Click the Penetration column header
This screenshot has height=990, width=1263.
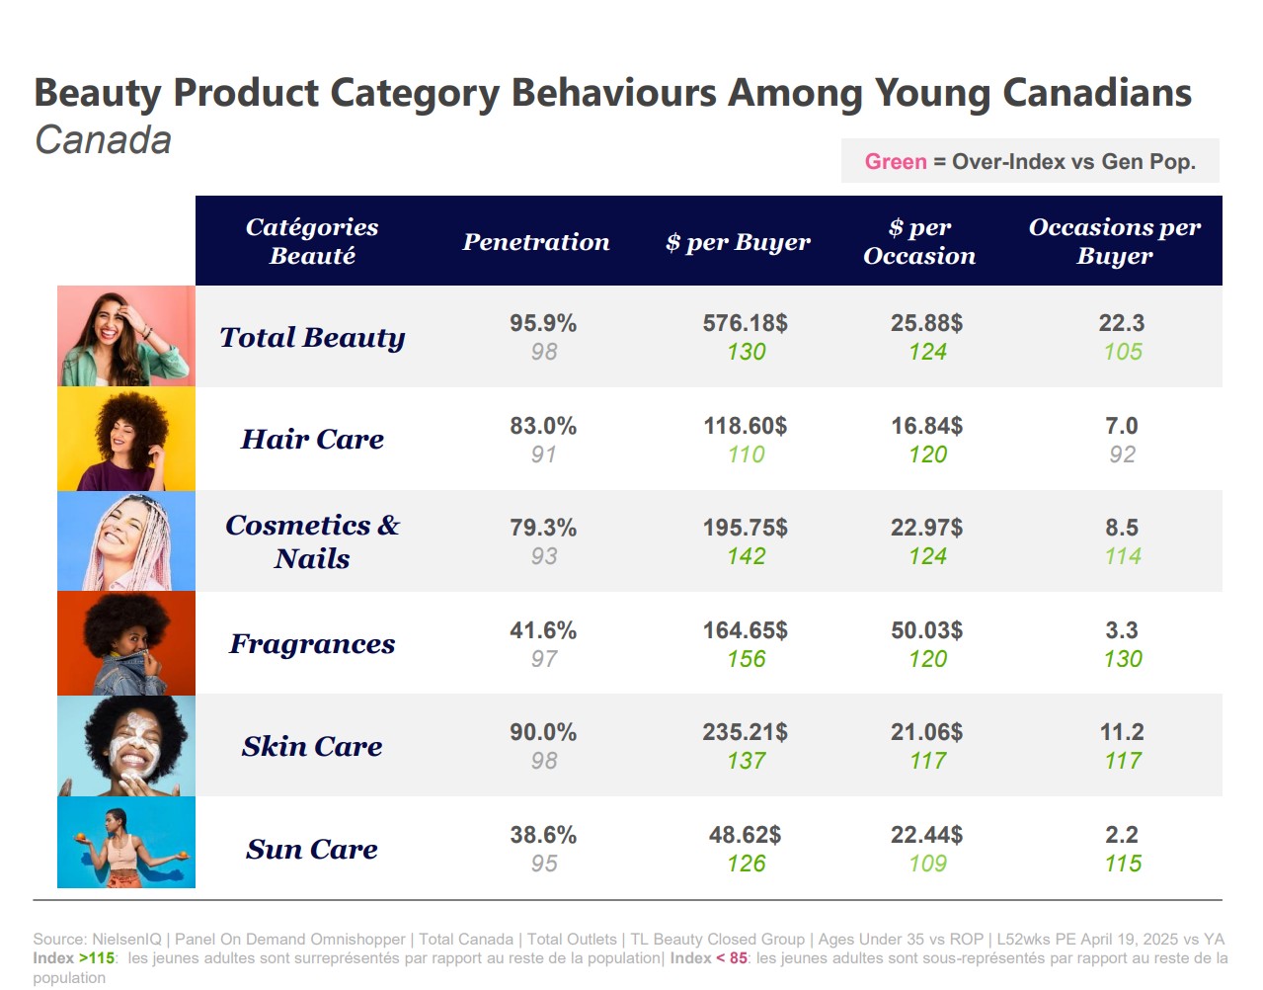536,242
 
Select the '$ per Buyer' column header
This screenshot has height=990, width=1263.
738,242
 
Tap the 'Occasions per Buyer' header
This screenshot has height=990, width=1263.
1115,241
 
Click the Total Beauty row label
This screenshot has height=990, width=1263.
312,337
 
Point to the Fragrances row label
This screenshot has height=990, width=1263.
312,644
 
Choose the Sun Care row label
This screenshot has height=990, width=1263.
312,849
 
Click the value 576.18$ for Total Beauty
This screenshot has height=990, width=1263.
746,323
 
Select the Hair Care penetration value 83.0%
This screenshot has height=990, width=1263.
543,426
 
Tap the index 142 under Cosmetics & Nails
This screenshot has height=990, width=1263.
747,556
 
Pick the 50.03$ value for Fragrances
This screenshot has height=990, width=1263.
927,630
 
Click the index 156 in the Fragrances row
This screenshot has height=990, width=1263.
747,659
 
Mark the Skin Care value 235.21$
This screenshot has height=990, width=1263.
746,732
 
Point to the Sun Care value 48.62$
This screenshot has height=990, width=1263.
746,835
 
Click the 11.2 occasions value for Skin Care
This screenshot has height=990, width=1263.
1122,732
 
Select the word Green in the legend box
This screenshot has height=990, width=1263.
896,162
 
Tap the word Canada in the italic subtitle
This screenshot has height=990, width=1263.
104,140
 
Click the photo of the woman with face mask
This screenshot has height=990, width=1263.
126,746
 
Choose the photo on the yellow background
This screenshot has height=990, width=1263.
126,439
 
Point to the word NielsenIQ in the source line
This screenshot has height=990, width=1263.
126,939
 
